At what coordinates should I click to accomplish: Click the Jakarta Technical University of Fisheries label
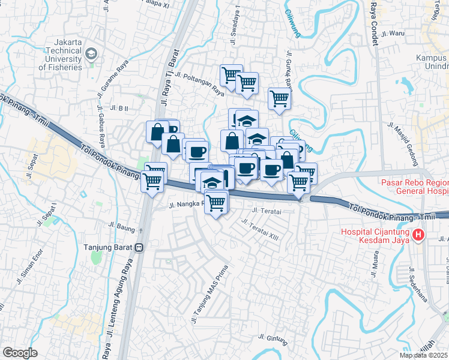click(x=59, y=55)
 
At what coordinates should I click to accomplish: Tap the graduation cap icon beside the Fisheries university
click(x=91, y=54)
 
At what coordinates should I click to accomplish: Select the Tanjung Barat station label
click(x=109, y=247)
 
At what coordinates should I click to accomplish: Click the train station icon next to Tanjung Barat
click(x=139, y=247)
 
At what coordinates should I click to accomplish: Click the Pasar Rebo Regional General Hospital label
click(x=414, y=187)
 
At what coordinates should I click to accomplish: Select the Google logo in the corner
click(x=20, y=353)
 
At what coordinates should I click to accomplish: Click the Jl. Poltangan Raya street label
click(x=202, y=83)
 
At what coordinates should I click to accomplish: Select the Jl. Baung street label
click(x=122, y=227)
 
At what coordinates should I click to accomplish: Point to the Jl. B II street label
click(x=120, y=108)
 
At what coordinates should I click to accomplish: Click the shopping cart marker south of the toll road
click(x=215, y=202)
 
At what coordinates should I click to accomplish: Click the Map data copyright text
click(x=424, y=355)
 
